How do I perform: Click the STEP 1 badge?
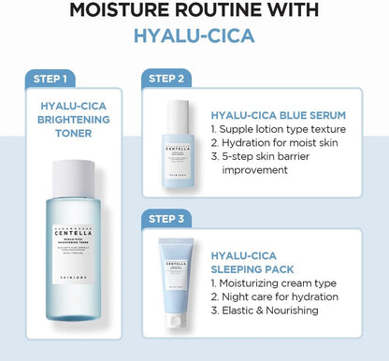49,78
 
